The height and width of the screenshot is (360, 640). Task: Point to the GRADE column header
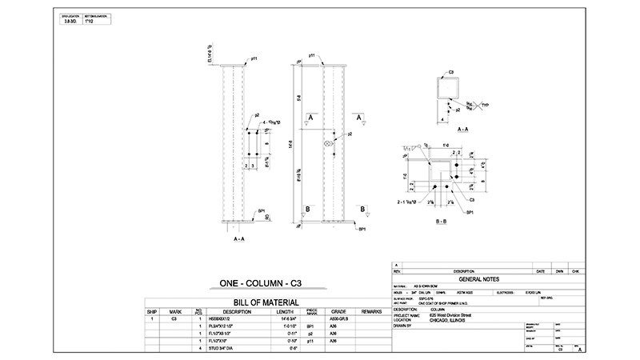338,310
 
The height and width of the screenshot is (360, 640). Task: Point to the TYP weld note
486,104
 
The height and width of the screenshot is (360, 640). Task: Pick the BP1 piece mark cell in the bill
311,326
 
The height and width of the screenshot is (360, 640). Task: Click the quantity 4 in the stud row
198,348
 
